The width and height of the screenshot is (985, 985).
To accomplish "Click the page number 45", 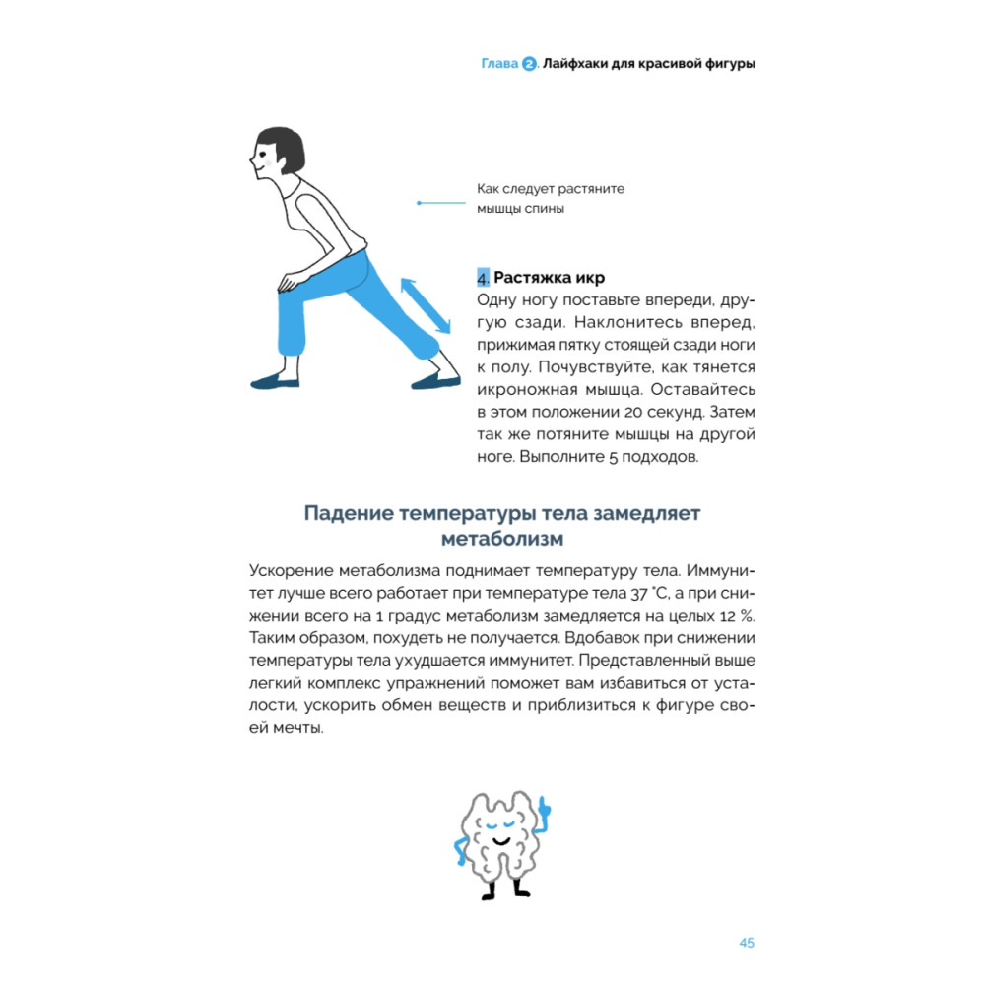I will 746,943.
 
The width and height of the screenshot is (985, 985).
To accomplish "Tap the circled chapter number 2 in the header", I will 529,65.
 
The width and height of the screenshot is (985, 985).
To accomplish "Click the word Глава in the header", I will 498,65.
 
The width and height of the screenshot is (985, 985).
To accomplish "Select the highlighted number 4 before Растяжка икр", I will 483,278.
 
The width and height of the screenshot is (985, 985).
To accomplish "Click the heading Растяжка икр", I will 549,278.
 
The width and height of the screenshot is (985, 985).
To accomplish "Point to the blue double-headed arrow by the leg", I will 425,305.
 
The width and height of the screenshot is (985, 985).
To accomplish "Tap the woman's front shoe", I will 275,380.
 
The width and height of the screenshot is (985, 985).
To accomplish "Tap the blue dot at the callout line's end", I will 420,204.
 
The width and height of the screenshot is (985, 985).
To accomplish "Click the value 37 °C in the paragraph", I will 645,594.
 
